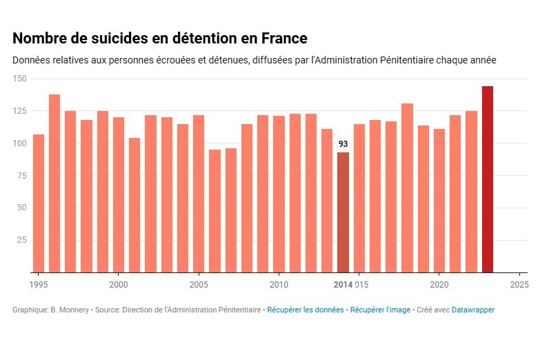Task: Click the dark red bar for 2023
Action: tap(487, 179)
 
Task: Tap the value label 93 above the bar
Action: tap(343, 144)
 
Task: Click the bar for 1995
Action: tap(39, 203)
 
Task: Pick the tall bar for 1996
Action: tap(54, 183)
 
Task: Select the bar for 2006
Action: tap(214, 211)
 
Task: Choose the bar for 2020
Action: tap(439, 201)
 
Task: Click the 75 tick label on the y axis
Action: tap(21, 175)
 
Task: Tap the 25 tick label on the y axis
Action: tap(21, 240)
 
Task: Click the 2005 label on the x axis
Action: tap(199, 284)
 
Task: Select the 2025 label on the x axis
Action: tap(519, 284)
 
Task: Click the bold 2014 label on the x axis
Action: tap(343, 284)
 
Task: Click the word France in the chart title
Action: tap(283, 38)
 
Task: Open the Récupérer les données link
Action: tap(305, 310)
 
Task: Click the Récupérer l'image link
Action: tap(380, 310)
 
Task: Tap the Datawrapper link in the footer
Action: tap(472, 310)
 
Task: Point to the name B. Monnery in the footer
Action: tap(70, 310)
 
